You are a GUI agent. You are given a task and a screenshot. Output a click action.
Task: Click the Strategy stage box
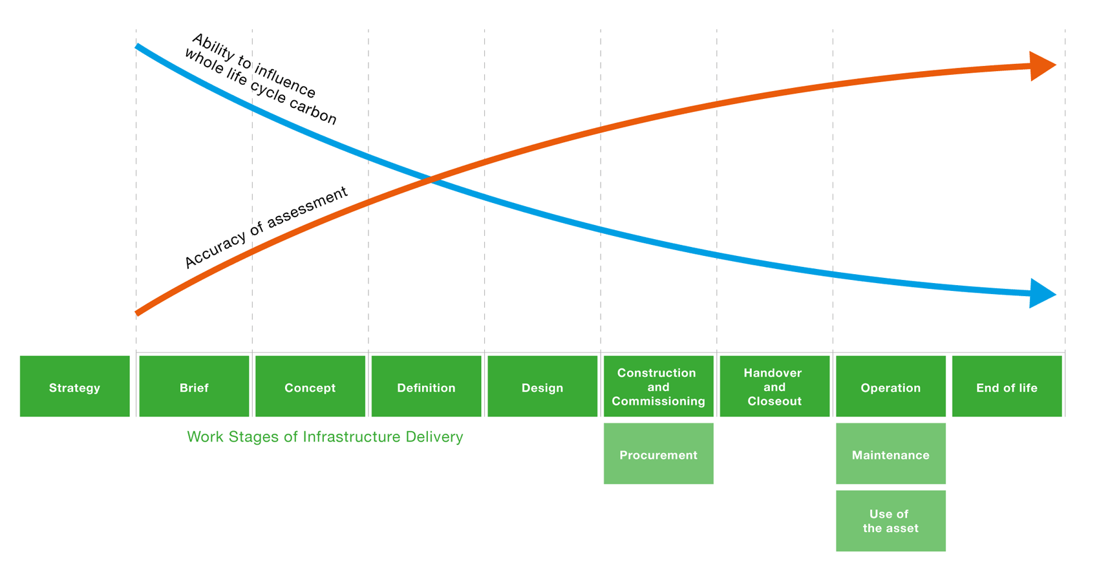pyautogui.click(x=74, y=387)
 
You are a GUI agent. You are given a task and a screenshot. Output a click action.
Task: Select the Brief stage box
pyautogui.click(x=194, y=387)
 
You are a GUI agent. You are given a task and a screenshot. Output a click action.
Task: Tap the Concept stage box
pyautogui.click(x=310, y=387)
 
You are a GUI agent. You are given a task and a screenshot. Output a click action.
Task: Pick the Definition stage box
pyautogui.click(x=426, y=387)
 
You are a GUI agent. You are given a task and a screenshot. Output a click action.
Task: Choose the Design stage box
pyautogui.click(x=542, y=387)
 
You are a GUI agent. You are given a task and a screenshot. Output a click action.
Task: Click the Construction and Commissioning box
pyautogui.click(x=658, y=387)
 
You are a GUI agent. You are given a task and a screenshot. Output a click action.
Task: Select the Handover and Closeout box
pyautogui.click(x=774, y=387)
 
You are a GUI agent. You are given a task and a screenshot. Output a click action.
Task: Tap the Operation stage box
pyautogui.click(x=890, y=387)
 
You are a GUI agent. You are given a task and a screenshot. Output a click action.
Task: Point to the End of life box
pyautogui.click(x=1007, y=387)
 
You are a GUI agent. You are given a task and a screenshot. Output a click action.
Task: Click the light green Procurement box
pyautogui.click(x=658, y=454)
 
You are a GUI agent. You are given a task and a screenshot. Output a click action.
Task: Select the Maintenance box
pyautogui.click(x=890, y=454)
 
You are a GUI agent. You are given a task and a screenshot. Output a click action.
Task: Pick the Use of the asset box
pyautogui.click(x=890, y=521)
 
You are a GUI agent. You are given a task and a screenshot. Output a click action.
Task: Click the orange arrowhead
pyautogui.click(x=1041, y=65)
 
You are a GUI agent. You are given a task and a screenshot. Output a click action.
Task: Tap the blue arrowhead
pyautogui.click(x=1041, y=293)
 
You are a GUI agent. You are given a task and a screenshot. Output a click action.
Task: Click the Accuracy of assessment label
pyautogui.click(x=266, y=227)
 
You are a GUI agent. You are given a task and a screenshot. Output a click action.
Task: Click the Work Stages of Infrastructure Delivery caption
pyautogui.click(x=325, y=437)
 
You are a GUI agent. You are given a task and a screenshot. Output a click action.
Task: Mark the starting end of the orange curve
pyautogui.click(x=138, y=313)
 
